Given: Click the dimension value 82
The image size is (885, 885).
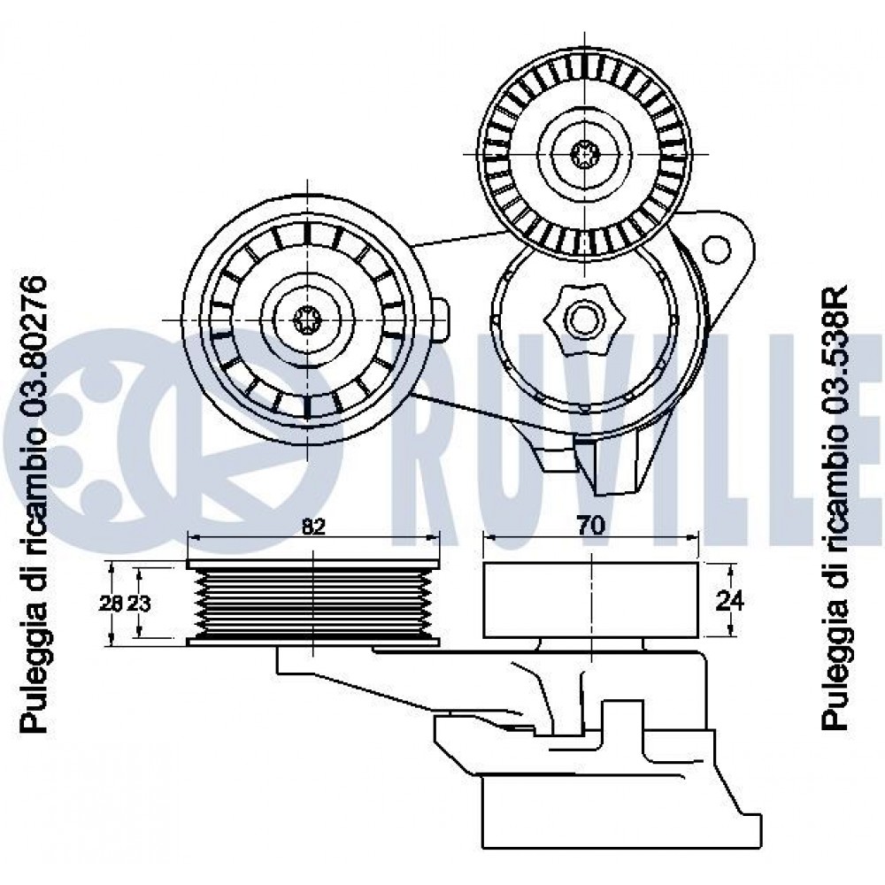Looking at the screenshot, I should click(312, 526).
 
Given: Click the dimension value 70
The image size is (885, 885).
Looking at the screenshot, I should click(590, 525).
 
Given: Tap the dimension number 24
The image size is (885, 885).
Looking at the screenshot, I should click(727, 600).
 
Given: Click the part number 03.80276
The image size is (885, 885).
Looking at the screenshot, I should click(33, 350).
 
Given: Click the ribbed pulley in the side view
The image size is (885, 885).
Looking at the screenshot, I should click(314, 602).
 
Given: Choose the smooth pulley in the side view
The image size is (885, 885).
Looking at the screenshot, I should click(590, 599).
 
